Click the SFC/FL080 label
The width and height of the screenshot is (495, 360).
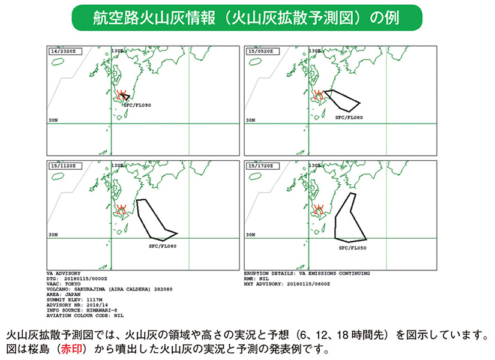click(350, 118)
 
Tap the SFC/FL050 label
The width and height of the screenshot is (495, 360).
click(353, 247)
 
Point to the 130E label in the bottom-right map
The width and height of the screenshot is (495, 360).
click(314, 165)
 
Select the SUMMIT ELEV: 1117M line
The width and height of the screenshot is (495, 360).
click(71, 300)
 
